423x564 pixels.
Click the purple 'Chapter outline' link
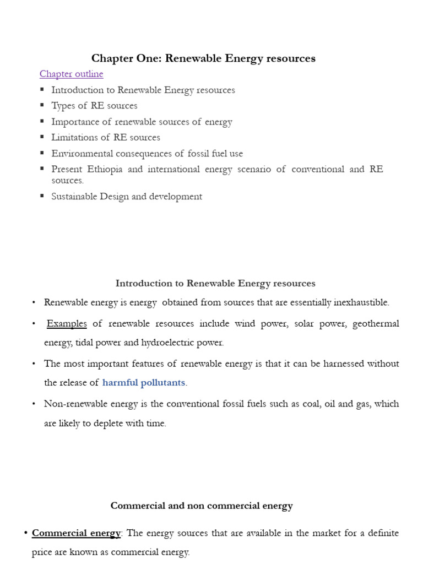[71, 74]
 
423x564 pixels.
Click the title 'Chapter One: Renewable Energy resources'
[203, 58]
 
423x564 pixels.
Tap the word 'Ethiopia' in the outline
[105, 169]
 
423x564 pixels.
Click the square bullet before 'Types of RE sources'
[42, 105]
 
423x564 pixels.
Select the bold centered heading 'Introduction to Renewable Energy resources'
[215, 283]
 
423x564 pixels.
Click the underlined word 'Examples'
[67, 323]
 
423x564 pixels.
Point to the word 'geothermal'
[376, 323]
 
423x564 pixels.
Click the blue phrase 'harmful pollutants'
[144, 382]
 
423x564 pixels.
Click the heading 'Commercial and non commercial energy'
[202, 506]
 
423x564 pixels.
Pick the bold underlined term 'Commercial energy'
[76, 533]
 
